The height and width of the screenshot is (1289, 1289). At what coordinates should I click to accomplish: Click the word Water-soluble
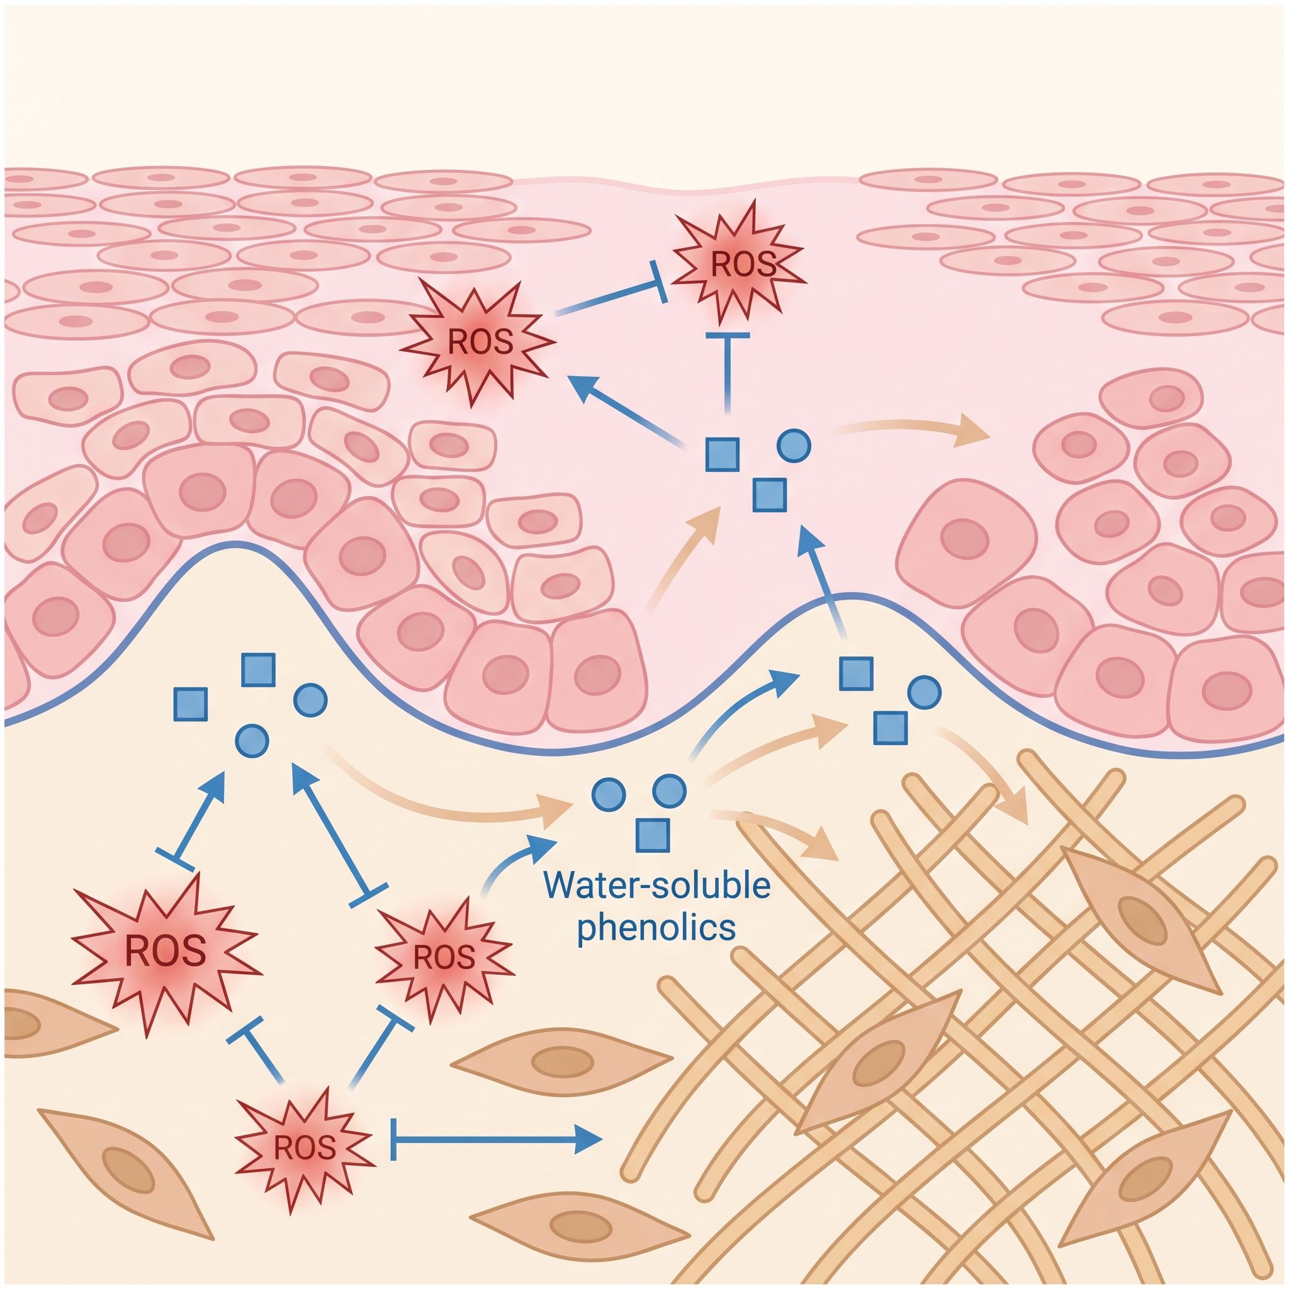[x=658, y=887]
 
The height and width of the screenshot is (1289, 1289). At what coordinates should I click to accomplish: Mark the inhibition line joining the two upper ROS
[x=611, y=295]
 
